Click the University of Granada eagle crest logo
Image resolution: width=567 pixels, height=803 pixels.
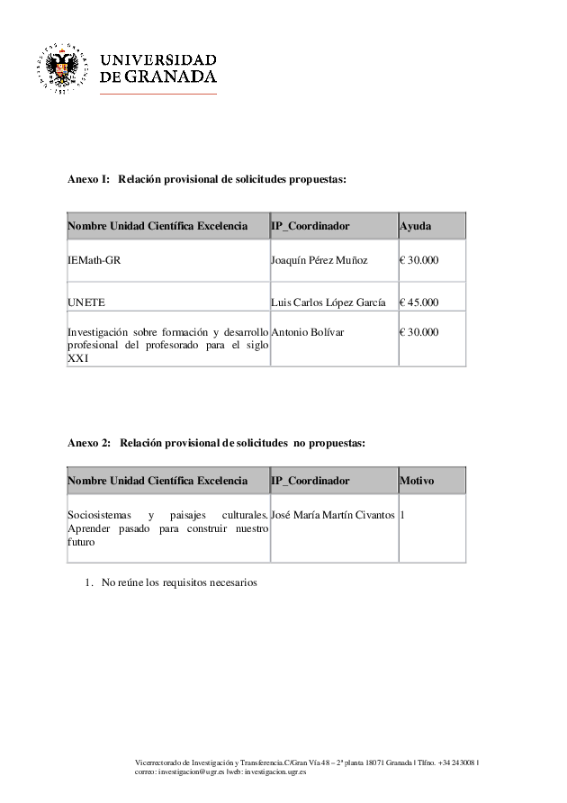[x=62, y=68]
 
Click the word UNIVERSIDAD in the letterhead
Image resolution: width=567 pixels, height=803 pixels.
[x=158, y=59]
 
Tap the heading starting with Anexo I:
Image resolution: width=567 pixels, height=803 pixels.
[x=207, y=180]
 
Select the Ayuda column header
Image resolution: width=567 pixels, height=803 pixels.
[x=415, y=226]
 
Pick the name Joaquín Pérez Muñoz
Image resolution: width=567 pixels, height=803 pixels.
[x=319, y=260]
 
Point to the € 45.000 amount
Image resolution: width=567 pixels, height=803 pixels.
[x=418, y=302]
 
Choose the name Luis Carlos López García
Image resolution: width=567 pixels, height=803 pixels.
[x=328, y=302]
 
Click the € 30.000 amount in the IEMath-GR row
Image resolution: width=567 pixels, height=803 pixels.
[x=418, y=260]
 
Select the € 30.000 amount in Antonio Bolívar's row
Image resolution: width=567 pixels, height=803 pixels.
[x=418, y=332]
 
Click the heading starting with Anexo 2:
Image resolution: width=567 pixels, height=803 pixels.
[x=216, y=443]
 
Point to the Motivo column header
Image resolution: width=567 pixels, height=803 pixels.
[x=417, y=481]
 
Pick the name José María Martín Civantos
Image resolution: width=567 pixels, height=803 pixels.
[x=332, y=515]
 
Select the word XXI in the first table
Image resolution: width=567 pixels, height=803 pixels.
[x=78, y=358]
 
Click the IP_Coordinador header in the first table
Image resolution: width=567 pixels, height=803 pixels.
[x=310, y=226]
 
